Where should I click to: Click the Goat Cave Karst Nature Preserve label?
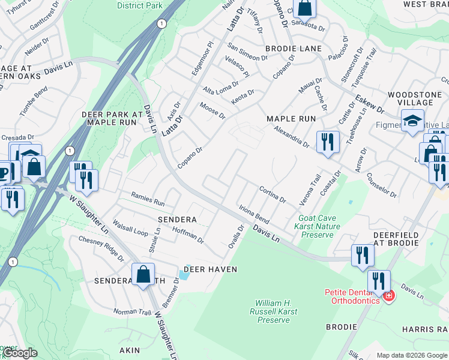click(317, 227)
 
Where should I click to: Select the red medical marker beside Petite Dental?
click(388, 296)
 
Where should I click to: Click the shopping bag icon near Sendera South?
click(143, 275)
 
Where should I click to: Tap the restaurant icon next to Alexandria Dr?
click(327, 142)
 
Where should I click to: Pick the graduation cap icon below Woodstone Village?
click(412, 121)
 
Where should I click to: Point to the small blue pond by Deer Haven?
click(182, 275)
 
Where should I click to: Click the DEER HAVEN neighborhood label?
click(210, 269)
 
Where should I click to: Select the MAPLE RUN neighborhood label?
click(291, 119)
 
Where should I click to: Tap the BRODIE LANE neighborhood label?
click(294, 48)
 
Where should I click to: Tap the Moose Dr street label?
click(212, 110)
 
